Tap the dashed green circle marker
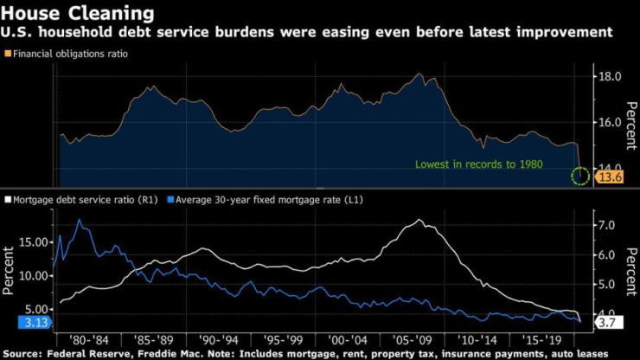[580, 177]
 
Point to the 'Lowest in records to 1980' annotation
[490, 164]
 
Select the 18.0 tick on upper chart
[611, 76]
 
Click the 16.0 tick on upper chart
[611, 122]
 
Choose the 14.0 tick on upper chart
[611, 167]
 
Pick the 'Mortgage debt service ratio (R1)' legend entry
[83, 200]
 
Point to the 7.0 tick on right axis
[608, 225]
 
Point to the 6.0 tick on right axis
[608, 255]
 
